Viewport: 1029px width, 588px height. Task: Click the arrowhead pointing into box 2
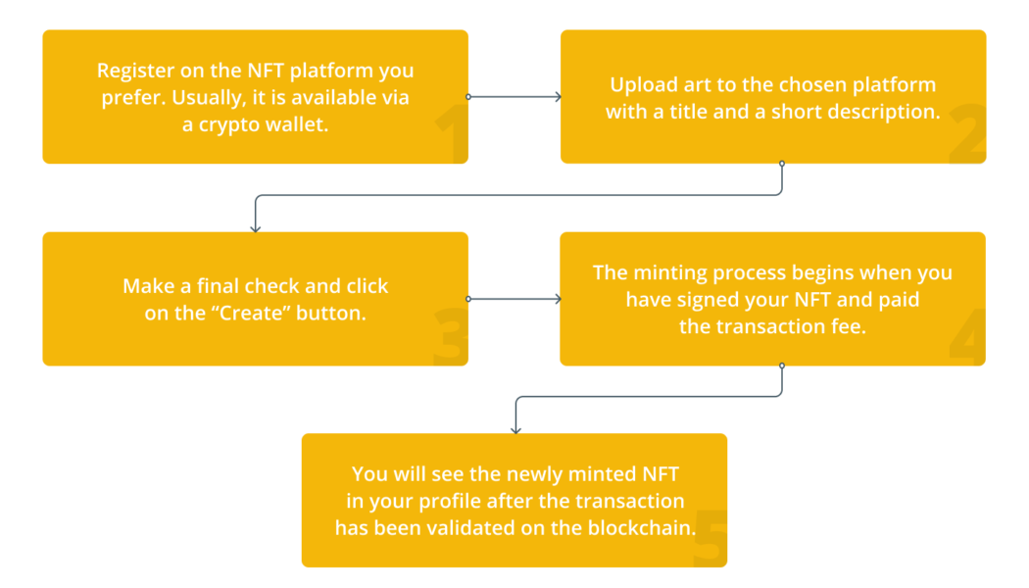pyautogui.click(x=557, y=97)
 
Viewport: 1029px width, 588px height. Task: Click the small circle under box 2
pyautogui.click(x=782, y=165)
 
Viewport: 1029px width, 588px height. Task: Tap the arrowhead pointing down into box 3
pyautogui.click(x=256, y=228)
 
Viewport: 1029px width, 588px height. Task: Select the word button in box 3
pyautogui.click(x=335, y=315)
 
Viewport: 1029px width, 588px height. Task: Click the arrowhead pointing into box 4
pyautogui.click(x=557, y=299)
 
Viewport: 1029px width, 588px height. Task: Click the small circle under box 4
pyautogui.click(x=782, y=367)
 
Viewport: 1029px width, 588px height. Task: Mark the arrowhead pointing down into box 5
pyautogui.click(x=515, y=429)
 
